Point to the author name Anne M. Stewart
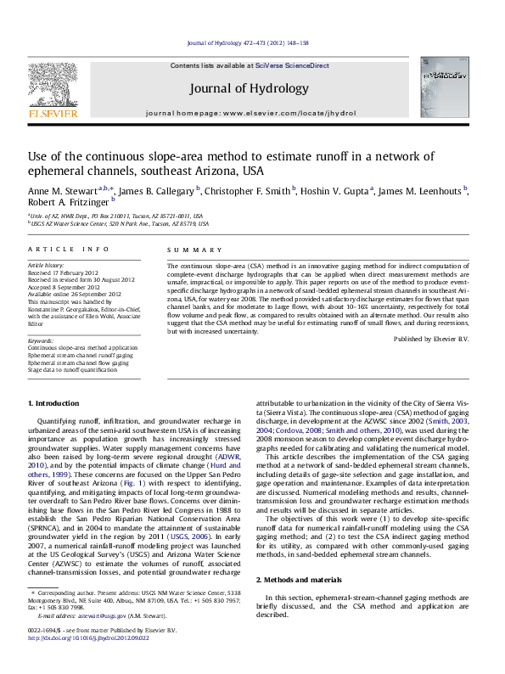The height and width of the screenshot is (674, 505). (x=53, y=191)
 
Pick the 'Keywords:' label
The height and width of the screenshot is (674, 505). (x=42, y=340)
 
